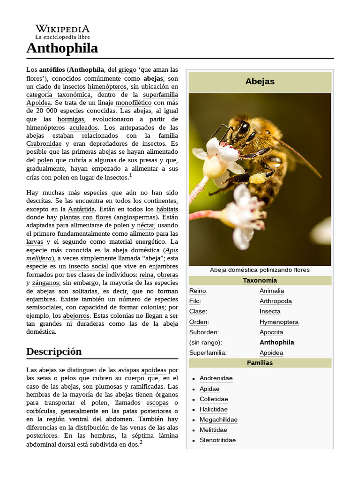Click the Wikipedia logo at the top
tap(62, 31)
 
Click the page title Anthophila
tap(62, 48)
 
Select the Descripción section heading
tap(54, 352)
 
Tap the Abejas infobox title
tap(260, 82)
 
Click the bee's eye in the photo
tap(244, 127)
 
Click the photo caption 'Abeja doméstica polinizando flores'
tap(260, 270)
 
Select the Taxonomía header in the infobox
tap(260, 280)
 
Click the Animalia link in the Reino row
tap(272, 291)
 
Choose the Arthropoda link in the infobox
tap(276, 301)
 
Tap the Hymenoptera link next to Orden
tap(279, 322)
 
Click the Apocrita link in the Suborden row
tap(271, 332)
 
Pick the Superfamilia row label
tap(208, 352)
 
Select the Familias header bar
tap(260, 363)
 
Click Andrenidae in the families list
tap(216, 378)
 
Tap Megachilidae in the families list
tap(218, 420)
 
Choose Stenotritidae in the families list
tap(217, 440)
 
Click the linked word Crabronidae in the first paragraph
tap(44, 144)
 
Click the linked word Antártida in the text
tap(82, 209)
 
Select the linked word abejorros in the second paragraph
tap(75, 315)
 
